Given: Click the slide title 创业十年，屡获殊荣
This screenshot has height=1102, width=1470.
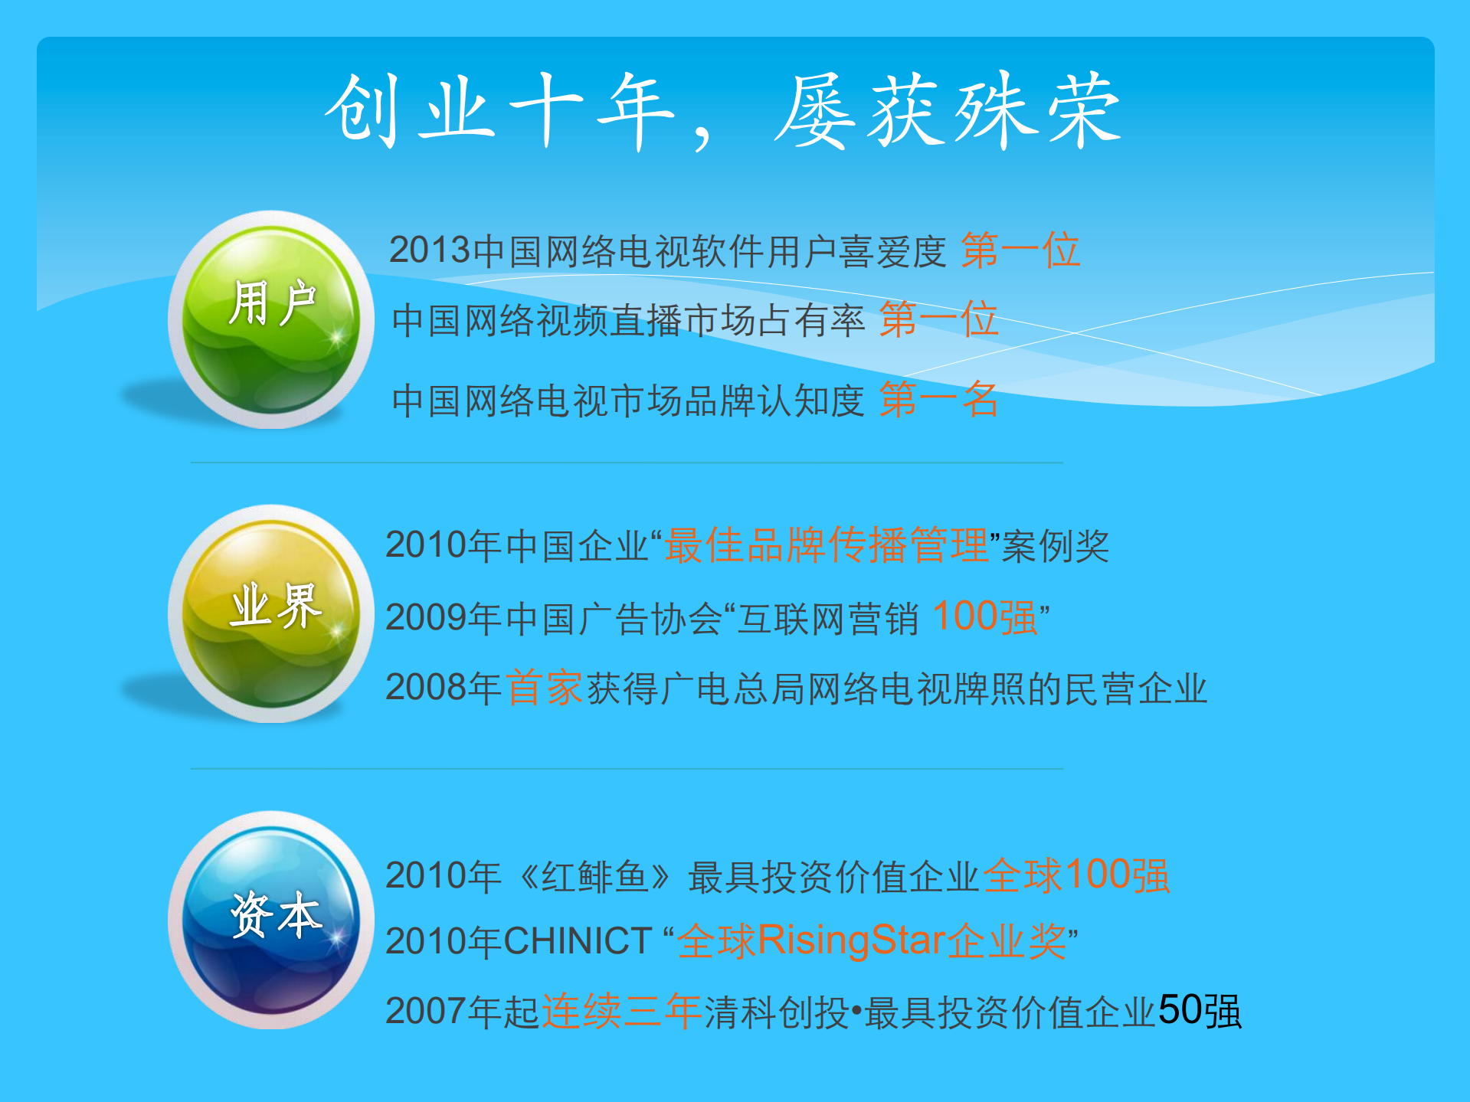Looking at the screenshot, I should [723, 112].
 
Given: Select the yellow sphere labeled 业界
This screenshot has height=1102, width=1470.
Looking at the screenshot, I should [271, 613].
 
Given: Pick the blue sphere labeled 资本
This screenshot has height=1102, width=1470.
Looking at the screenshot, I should [271, 920].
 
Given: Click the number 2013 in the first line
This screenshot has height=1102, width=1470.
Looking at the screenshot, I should [429, 250].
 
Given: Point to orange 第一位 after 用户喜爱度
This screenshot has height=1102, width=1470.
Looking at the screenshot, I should [1020, 250].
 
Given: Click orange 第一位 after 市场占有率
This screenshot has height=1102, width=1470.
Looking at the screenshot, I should [938, 319].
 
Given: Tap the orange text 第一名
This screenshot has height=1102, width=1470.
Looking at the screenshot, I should [938, 400].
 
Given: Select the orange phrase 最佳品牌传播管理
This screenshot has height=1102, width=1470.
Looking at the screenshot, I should [826, 545].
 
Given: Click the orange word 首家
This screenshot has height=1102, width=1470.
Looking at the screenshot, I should [545, 688].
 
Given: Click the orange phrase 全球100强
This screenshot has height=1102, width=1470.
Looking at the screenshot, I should [1076, 875].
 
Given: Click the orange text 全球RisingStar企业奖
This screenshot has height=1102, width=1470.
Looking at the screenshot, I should [872, 941].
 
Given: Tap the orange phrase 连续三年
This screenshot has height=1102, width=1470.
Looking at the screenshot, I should [621, 1012].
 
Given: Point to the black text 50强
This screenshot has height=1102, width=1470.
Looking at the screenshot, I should [1200, 1012].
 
